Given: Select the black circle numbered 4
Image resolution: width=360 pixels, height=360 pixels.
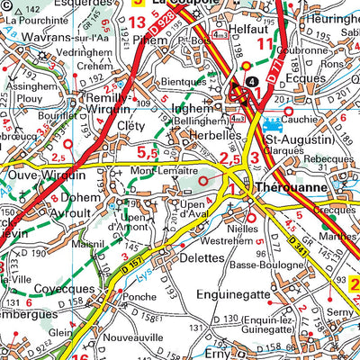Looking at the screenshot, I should coord(250,79).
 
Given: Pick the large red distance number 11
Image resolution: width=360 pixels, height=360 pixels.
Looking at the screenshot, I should coord(264,43).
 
